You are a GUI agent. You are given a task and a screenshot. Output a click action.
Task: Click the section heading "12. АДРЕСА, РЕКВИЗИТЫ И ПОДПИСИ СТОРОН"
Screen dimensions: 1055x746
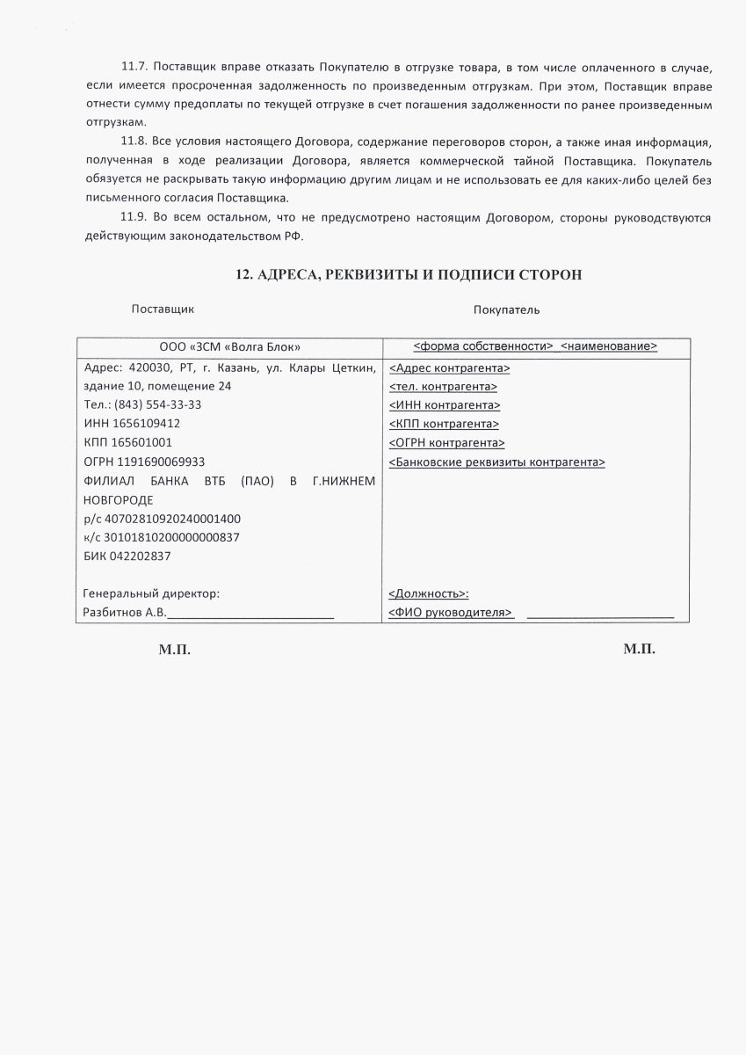tap(409, 275)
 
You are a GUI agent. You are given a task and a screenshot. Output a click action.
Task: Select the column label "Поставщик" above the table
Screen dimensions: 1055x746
tap(163, 309)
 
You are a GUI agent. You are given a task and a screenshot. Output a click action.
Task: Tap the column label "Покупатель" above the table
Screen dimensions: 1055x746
tap(506, 309)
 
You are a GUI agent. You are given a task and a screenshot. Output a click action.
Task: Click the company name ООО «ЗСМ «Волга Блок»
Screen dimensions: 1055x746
tap(229, 346)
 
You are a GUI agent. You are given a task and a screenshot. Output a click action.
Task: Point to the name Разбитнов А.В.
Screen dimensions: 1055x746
tap(124, 613)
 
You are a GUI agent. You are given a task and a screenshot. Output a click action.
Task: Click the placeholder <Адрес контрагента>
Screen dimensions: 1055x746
tap(449, 368)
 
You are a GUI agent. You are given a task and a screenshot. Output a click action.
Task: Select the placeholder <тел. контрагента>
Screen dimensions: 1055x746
tap(443, 387)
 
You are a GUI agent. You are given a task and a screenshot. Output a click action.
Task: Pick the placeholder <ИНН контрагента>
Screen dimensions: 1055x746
tap(445, 405)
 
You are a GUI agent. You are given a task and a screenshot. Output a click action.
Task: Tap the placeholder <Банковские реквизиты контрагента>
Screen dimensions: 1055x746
tap(496, 462)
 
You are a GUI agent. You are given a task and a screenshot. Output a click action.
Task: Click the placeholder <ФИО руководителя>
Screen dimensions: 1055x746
tap(450, 613)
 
